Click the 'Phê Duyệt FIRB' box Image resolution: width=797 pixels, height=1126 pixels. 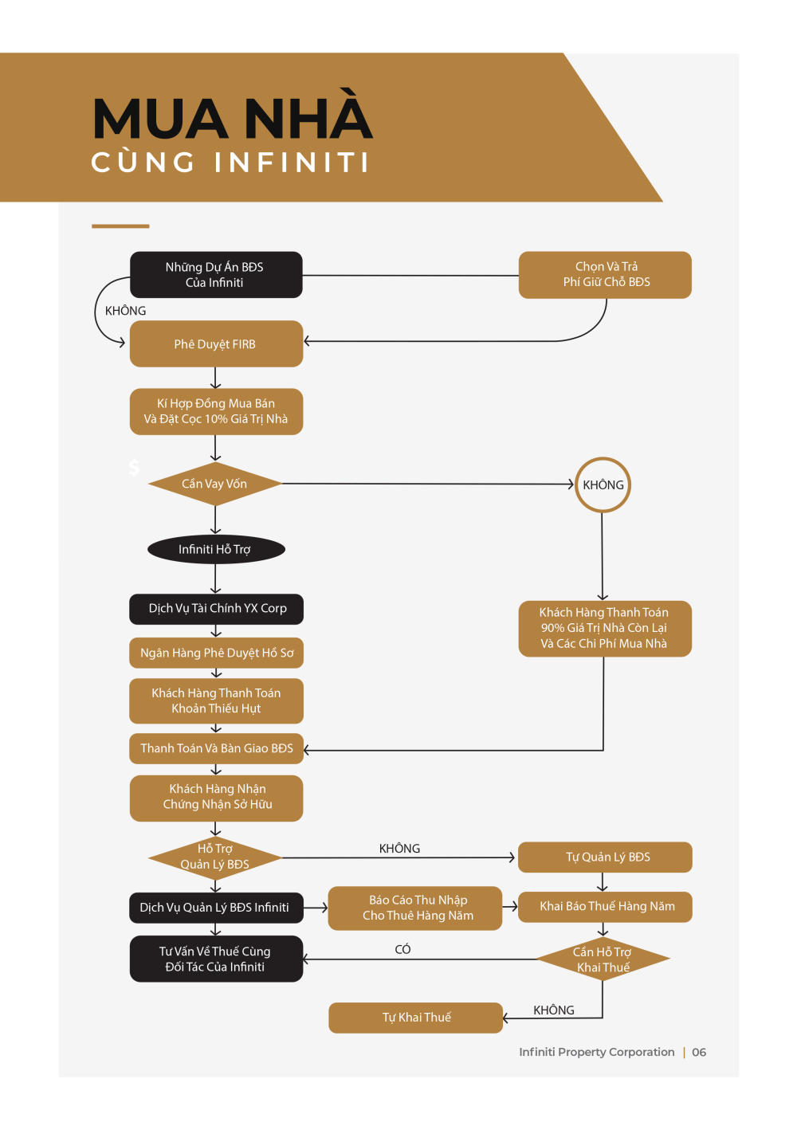pyautogui.click(x=216, y=343)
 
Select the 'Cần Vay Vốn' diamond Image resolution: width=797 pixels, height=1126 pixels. pyautogui.click(x=215, y=484)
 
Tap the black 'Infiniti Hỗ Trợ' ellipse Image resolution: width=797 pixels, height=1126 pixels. pyautogui.click(x=216, y=549)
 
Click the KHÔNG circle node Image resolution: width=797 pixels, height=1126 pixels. pyautogui.click(x=603, y=485)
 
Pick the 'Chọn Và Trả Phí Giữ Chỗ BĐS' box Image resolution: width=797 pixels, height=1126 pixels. pyautogui.click(x=605, y=275)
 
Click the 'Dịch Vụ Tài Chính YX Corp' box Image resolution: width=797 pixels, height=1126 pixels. pyautogui.click(x=216, y=609)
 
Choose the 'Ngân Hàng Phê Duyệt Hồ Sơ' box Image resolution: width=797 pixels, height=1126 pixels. pyautogui.click(x=216, y=653)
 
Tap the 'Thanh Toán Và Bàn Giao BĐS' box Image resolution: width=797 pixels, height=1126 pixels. pyautogui.click(x=216, y=748)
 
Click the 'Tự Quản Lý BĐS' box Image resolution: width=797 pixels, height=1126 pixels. pyautogui.click(x=605, y=857)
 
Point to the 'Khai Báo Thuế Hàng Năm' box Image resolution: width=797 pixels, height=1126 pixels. pyautogui.click(x=605, y=907)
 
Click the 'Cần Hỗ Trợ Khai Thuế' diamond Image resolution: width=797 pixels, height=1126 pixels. pyautogui.click(x=603, y=959)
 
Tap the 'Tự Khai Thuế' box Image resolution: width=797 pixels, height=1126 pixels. pyautogui.click(x=416, y=1018)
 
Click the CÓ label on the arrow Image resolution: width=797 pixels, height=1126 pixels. pyautogui.click(x=402, y=949)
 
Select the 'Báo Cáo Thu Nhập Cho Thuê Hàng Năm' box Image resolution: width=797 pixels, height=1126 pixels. pyautogui.click(x=415, y=908)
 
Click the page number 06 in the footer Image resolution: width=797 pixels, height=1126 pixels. pyautogui.click(x=699, y=1052)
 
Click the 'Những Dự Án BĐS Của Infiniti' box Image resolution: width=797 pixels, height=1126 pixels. pyautogui.click(x=216, y=274)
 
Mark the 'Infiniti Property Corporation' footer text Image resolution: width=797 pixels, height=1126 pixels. pyautogui.click(x=597, y=1052)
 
